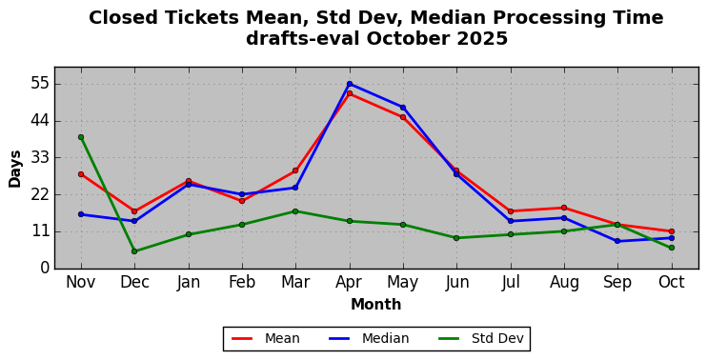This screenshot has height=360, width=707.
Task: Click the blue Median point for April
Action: pyautogui.click(x=350, y=84)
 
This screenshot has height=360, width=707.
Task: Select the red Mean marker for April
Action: pyautogui.click(x=350, y=93)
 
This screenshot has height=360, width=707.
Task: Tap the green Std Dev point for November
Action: pyautogui.click(x=81, y=137)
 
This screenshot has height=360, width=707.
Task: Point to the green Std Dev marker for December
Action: pyautogui.click(x=134, y=251)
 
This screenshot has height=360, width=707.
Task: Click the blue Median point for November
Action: pyautogui.click(x=81, y=214)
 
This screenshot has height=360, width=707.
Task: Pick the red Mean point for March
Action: pyautogui.click(x=295, y=170)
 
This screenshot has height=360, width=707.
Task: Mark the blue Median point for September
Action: pyautogui.click(x=617, y=242)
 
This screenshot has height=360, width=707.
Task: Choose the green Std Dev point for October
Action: pyautogui.click(x=672, y=248)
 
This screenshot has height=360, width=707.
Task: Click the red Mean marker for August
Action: pyautogui.click(x=564, y=208)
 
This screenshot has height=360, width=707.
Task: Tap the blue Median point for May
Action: pyautogui.click(x=403, y=108)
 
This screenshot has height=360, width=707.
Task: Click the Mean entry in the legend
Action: pyautogui.click(x=266, y=338)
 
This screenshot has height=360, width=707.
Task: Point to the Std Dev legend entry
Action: pyautogui.click(x=481, y=338)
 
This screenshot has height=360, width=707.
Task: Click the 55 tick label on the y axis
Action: pyautogui.click(x=39, y=84)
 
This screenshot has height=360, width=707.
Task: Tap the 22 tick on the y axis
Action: pyautogui.click(x=39, y=194)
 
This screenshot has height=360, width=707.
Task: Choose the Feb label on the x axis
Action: pyautogui.click(x=242, y=283)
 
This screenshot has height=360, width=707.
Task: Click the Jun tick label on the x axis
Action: pyautogui.click(x=456, y=283)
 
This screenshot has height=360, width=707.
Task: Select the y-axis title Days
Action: pyautogui.click(x=15, y=169)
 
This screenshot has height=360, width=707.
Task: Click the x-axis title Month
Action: pyautogui.click(x=376, y=305)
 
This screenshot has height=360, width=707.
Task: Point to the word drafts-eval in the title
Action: pyautogui.click(x=303, y=39)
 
